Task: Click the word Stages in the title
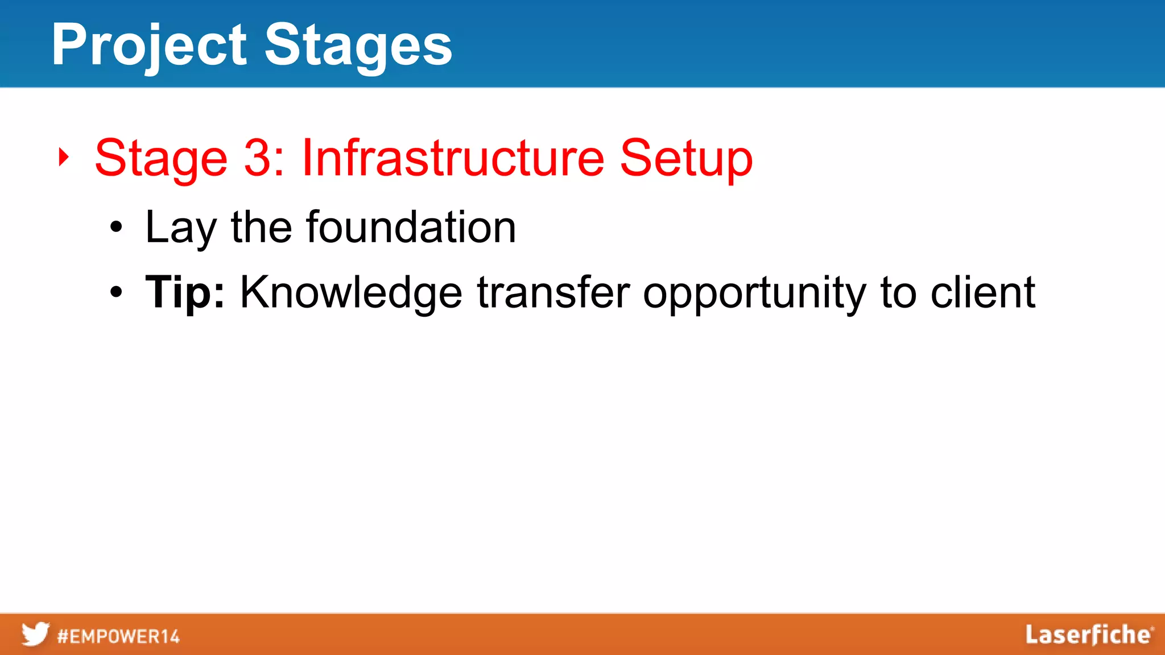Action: tap(358, 45)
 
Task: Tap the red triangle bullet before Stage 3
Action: tap(64, 157)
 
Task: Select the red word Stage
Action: tap(161, 159)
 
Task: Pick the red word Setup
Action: tap(686, 159)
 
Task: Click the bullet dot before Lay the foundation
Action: tap(116, 227)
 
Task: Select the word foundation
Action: tap(411, 227)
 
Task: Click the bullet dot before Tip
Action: tap(116, 292)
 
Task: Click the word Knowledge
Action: tap(351, 292)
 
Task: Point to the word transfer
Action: tap(553, 292)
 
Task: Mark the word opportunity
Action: tap(754, 293)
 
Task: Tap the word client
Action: tap(982, 292)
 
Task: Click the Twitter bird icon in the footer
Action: tap(35, 634)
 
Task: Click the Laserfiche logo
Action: tap(1089, 635)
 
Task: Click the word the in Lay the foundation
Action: tap(261, 227)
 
